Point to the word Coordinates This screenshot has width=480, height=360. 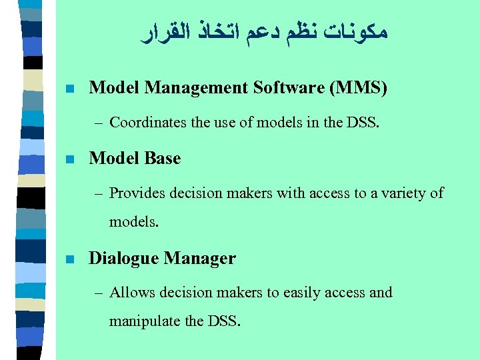[x=145, y=123]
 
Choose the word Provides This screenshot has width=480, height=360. [x=137, y=193]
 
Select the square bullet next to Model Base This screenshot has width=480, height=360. [x=69, y=159]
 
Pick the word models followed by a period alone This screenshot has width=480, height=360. [x=133, y=222]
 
